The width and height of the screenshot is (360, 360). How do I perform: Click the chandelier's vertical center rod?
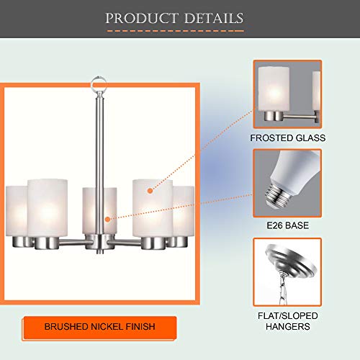click(99, 144)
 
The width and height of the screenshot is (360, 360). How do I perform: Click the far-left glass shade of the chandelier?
click(16, 209)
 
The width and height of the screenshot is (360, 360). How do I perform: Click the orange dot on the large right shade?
click(150, 191)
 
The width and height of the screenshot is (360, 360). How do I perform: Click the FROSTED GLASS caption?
click(287, 137)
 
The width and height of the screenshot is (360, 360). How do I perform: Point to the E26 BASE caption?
click(287, 226)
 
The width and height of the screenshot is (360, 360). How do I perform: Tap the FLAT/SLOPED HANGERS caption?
click(287, 321)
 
